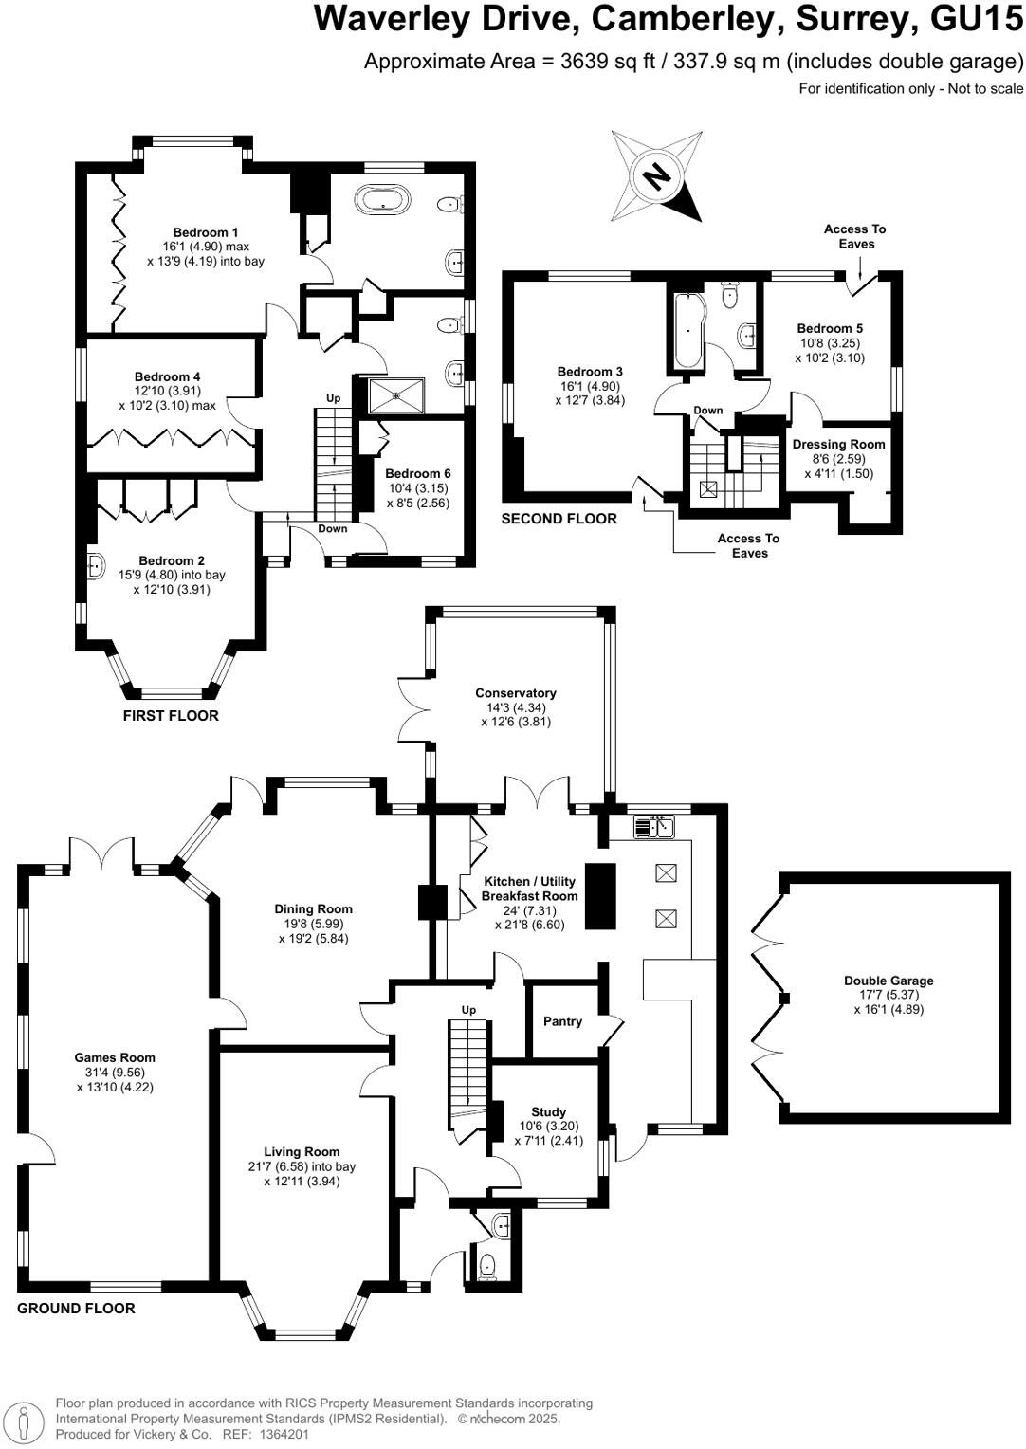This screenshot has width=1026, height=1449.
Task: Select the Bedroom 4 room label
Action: pos(167,376)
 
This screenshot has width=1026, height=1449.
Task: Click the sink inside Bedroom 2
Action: pos(95,566)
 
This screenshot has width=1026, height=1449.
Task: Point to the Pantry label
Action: pos(562,1021)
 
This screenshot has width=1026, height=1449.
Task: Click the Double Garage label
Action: pos(889,981)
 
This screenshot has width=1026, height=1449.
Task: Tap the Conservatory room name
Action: pos(515,693)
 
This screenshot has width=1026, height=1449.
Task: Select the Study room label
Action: pos(548,1111)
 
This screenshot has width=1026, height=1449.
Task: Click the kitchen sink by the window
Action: pos(654,827)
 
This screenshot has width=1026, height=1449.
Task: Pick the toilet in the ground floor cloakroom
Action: pos(488,1265)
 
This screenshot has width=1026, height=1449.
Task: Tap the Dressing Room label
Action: pos(838,444)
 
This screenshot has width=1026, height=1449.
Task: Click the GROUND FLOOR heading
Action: pos(76,1309)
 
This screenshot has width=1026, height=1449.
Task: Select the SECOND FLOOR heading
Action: pos(559,519)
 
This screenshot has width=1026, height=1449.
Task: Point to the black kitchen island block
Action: pos(600,895)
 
